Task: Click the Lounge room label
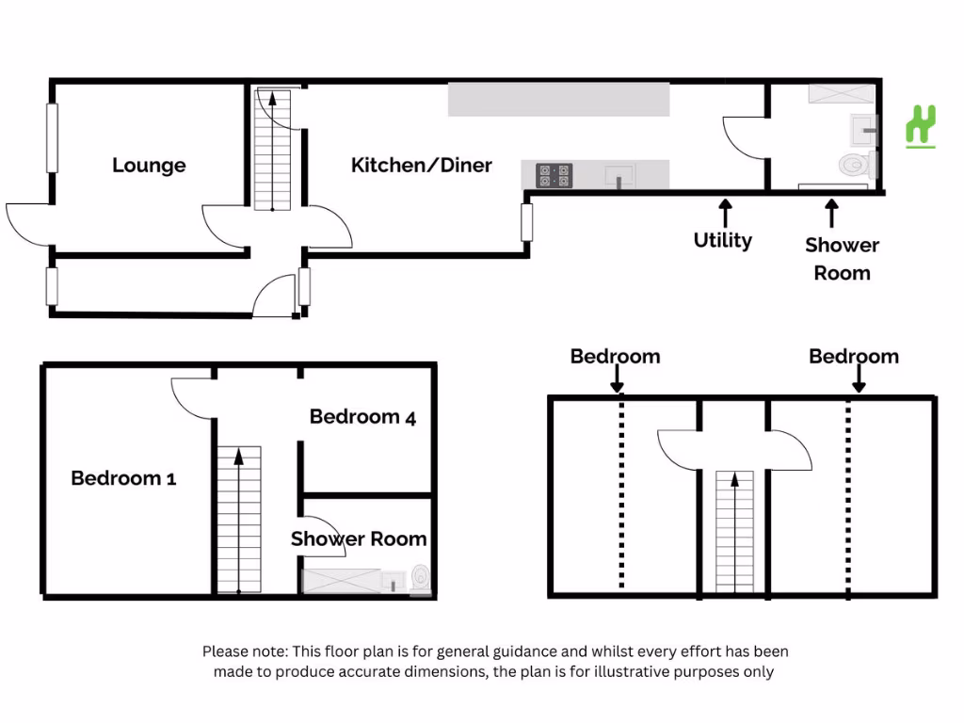click(149, 166)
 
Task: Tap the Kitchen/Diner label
click(422, 166)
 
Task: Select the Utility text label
click(723, 240)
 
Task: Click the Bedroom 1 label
click(123, 477)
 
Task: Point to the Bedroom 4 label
click(362, 417)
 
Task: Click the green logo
click(921, 127)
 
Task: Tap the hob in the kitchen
click(554, 175)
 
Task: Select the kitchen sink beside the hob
click(619, 175)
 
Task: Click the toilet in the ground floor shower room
click(857, 165)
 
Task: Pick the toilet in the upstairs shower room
click(421, 579)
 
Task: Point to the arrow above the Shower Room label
click(832, 214)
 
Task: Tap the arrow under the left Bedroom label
click(618, 378)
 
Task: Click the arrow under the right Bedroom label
click(859, 378)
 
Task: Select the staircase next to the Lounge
click(272, 151)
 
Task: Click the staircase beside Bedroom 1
click(238, 520)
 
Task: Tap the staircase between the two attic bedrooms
click(734, 532)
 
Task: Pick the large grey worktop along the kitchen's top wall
click(558, 100)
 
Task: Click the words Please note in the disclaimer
click(245, 651)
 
